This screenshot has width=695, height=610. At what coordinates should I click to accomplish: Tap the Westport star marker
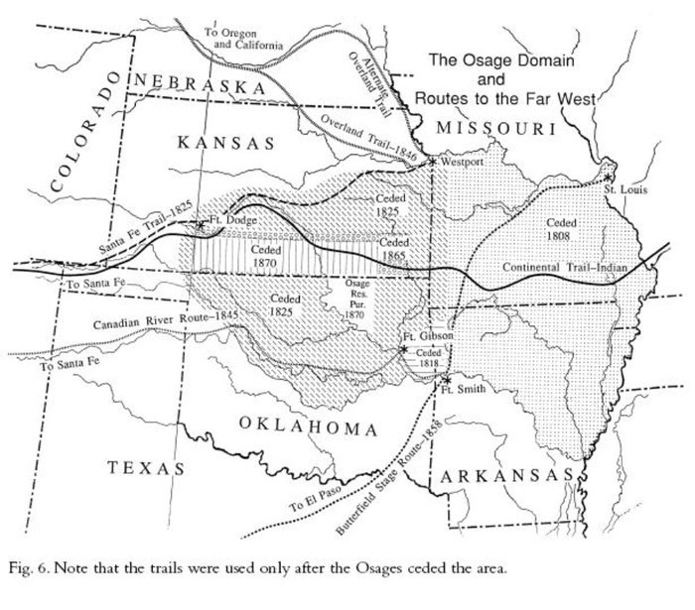pos(433,160)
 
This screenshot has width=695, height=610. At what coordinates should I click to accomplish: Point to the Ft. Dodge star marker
pos(202,224)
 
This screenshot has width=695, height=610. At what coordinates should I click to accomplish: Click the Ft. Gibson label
pos(428,337)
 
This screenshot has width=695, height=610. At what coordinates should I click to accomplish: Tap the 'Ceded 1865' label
pos(394,248)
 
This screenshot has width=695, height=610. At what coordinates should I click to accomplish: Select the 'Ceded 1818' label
pos(428,358)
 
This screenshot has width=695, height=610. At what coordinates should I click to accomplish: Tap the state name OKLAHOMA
pos(308,427)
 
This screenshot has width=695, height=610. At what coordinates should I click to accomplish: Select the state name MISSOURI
pos(496,128)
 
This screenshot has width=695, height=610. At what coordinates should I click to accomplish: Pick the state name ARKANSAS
pos(505,477)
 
